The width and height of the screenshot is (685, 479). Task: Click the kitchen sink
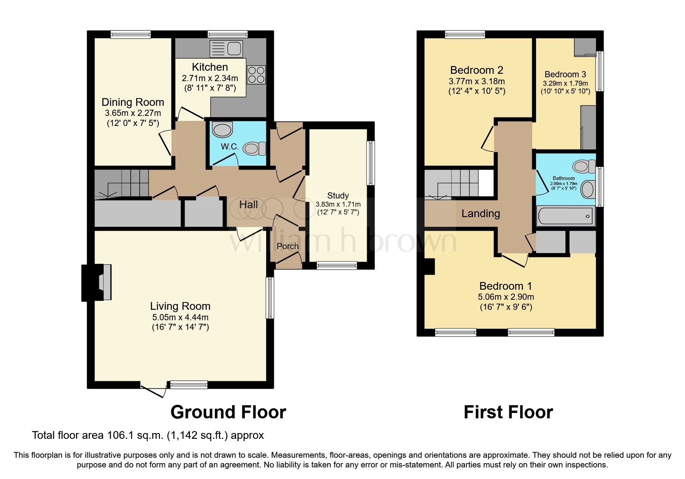pyautogui.click(x=226, y=49)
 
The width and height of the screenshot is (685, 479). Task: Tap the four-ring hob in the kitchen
pyautogui.click(x=256, y=75)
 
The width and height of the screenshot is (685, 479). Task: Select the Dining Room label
pyautogui.click(x=133, y=102)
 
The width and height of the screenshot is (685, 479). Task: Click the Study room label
pyautogui.click(x=338, y=195)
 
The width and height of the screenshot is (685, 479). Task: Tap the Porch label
pyautogui.click(x=287, y=246)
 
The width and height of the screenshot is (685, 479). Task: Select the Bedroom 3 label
pyautogui.click(x=565, y=74)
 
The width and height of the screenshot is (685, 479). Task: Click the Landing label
pyautogui.click(x=480, y=214)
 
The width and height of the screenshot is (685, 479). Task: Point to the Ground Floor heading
pyautogui.click(x=228, y=412)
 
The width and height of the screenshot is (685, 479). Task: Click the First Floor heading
pyautogui.click(x=508, y=412)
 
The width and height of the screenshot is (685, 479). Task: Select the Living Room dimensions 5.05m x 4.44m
pyautogui.click(x=180, y=317)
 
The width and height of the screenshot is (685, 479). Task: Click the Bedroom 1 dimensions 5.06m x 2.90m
pyautogui.click(x=506, y=297)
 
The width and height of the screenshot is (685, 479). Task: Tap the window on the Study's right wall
pyautogui.click(x=371, y=163)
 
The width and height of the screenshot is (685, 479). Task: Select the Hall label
pyautogui.click(x=248, y=205)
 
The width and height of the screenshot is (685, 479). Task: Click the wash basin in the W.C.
pyautogui.click(x=222, y=130)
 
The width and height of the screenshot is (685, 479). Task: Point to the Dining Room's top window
pyautogui.click(x=130, y=35)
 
